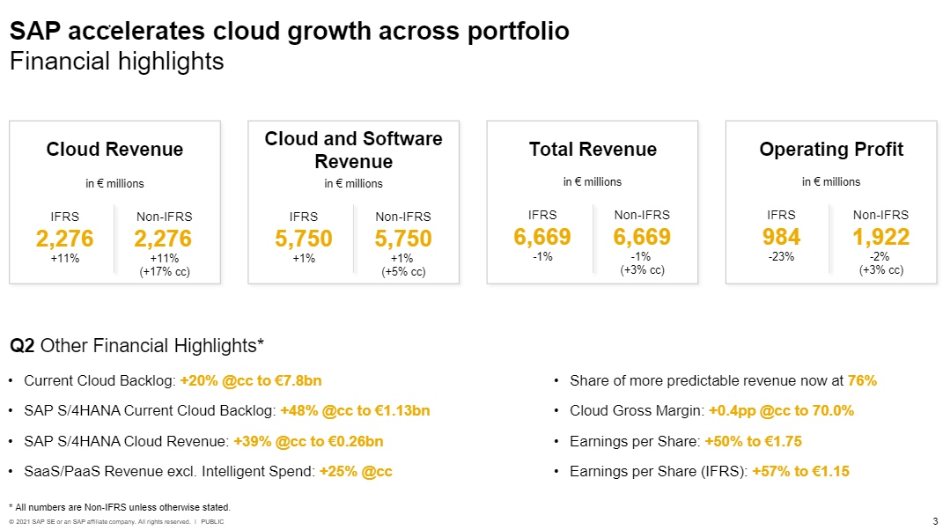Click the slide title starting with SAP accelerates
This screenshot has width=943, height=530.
(x=289, y=31)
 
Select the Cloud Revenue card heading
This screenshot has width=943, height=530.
(x=114, y=150)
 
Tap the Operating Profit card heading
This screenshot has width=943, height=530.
(x=831, y=150)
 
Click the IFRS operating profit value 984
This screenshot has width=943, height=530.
(x=782, y=237)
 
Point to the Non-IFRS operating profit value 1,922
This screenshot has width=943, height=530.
(x=880, y=237)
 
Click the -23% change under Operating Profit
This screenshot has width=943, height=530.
(x=782, y=257)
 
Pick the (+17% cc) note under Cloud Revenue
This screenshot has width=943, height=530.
(x=165, y=272)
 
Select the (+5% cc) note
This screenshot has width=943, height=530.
(x=403, y=272)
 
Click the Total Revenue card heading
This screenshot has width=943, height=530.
(x=593, y=150)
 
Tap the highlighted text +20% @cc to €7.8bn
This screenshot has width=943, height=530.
(x=251, y=381)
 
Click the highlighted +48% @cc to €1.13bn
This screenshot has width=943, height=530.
(x=355, y=411)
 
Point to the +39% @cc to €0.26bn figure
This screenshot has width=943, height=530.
(x=308, y=441)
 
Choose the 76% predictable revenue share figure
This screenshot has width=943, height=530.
(x=862, y=381)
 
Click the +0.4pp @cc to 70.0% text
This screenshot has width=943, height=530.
(x=781, y=411)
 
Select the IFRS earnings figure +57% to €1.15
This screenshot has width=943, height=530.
(x=800, y=471)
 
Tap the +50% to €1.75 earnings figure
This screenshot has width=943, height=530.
(x=753, y=441)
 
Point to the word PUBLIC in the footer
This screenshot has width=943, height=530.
(x=212, y=522)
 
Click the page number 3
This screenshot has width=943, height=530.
(x=935, y=521)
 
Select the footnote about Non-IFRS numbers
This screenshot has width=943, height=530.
(x=119, y=507)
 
